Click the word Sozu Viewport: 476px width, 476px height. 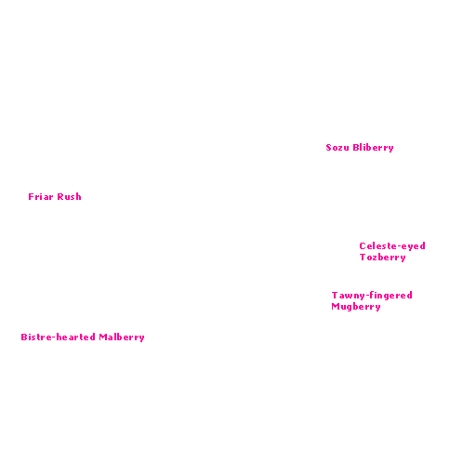(337, 148)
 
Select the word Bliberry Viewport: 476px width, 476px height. (373, 148)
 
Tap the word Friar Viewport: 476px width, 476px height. (41, 196)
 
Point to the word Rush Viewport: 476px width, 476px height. (69, 196)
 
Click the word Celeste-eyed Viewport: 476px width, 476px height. (392, 246)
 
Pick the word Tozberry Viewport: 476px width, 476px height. (383, 258)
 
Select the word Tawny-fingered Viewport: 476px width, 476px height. (372, 296)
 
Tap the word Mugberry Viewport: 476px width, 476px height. (356, 307)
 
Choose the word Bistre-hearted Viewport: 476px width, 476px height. (58, 337)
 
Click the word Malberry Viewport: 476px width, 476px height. (122, 337)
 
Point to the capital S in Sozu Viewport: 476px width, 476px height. (329, 148)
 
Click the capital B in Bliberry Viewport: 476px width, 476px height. (356, 147)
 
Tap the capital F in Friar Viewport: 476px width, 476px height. (31, 197)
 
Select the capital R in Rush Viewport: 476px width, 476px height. (60, 197)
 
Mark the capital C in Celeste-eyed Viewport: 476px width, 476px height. (363, 246)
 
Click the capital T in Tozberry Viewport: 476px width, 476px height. (363, 258)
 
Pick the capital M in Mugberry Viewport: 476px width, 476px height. (336, 307)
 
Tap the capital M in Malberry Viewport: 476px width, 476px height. (103, 337)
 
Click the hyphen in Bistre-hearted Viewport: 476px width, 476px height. (54, 337)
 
